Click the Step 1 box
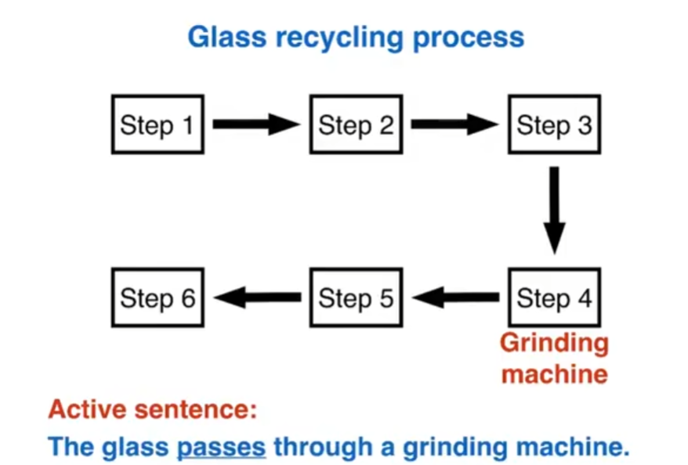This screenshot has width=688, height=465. pyautogui.click(x=158, y=124)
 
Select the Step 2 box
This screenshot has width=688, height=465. pyautogui.click(x=356, y=124)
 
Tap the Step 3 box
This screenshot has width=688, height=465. pyautogui.click(x=554, y=124)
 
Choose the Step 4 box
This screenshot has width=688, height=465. pyautogui.click(x=554, y=297)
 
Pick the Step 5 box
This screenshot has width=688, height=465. pyautogui.click(x=356, y=297)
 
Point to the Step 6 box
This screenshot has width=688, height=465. pyautogui.click(x=158, y=297)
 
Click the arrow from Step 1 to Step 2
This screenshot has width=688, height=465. pyautogui.click(x=256, y=124)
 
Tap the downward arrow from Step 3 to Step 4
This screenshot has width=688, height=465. pyautogui.click(x=554, y=210)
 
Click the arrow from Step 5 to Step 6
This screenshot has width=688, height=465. pyautogui.click(x=257, y=297)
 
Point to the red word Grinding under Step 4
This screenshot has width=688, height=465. pyautogui.click(x=554, y=344)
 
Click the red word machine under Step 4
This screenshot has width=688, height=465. pyautogui.click(x=554, y=373)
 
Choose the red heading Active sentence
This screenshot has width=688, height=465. pyautogui.click(x=153, y=409)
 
